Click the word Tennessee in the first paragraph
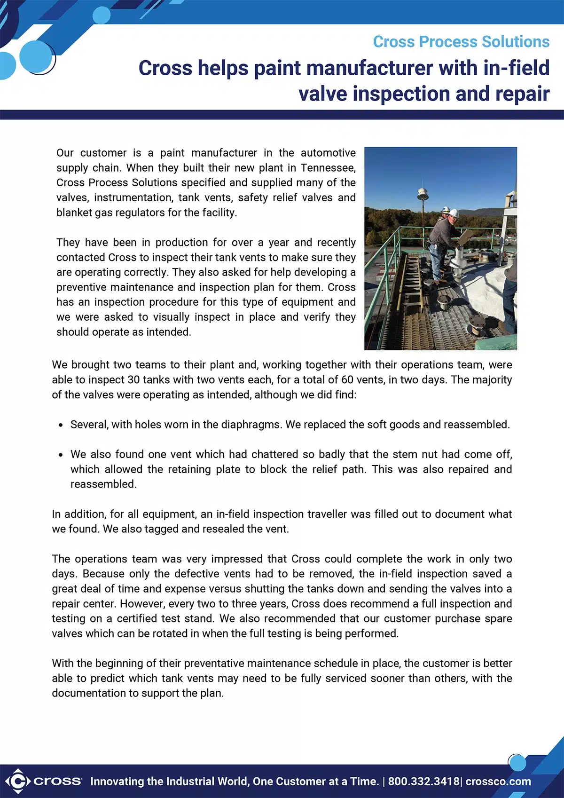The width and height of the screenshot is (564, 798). pyautogui.click(x=328, y=168)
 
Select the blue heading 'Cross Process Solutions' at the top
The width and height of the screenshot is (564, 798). pyautogui.click(x=461, y=42)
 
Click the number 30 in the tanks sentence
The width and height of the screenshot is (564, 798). pyautogui.click(x=133, y=380)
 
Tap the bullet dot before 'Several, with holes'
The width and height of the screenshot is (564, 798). pyautogui.click(x=61, y=425)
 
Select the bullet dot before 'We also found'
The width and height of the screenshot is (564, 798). pyautogui.click(x=61, y=455)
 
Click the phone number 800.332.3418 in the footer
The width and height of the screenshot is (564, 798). pyautogui.click(x=423, y=782)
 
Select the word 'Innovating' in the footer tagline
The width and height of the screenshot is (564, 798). pyautogui.click(x=117, y=782)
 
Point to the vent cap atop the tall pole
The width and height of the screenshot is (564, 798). pyautogui.click(x=423, y=193)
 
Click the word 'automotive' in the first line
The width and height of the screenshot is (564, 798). pyautogui.click(x=328, y=153)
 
